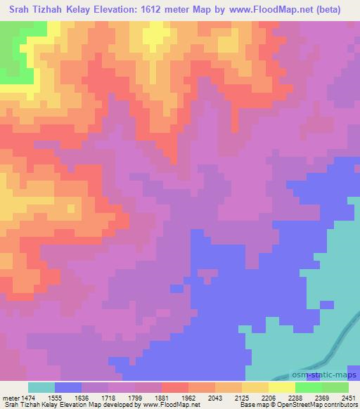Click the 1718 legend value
(110, 398)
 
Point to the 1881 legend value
(163, 398)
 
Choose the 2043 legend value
(217, 398)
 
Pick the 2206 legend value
(270, 398)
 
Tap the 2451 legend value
(349, 398)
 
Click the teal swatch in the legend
(41, 387)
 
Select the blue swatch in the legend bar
(68, 387)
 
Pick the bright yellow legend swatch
(282, 387)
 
